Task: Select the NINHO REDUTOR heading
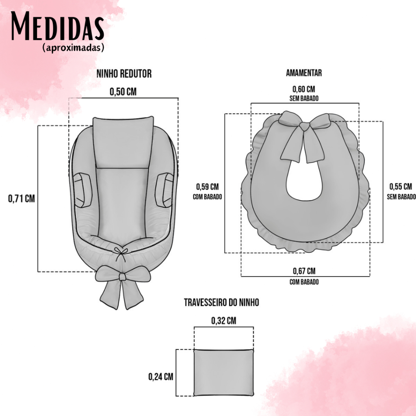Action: pos(124,74)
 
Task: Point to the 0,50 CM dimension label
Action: pos(123,92)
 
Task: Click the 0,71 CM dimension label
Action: pos(22,199)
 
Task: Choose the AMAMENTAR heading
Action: pos(304,73)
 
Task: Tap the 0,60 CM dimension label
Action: pos(304,89)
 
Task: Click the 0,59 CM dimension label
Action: pos(208,187)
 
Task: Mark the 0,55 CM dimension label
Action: pos(401,187)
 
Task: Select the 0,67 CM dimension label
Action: pos(304,271)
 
